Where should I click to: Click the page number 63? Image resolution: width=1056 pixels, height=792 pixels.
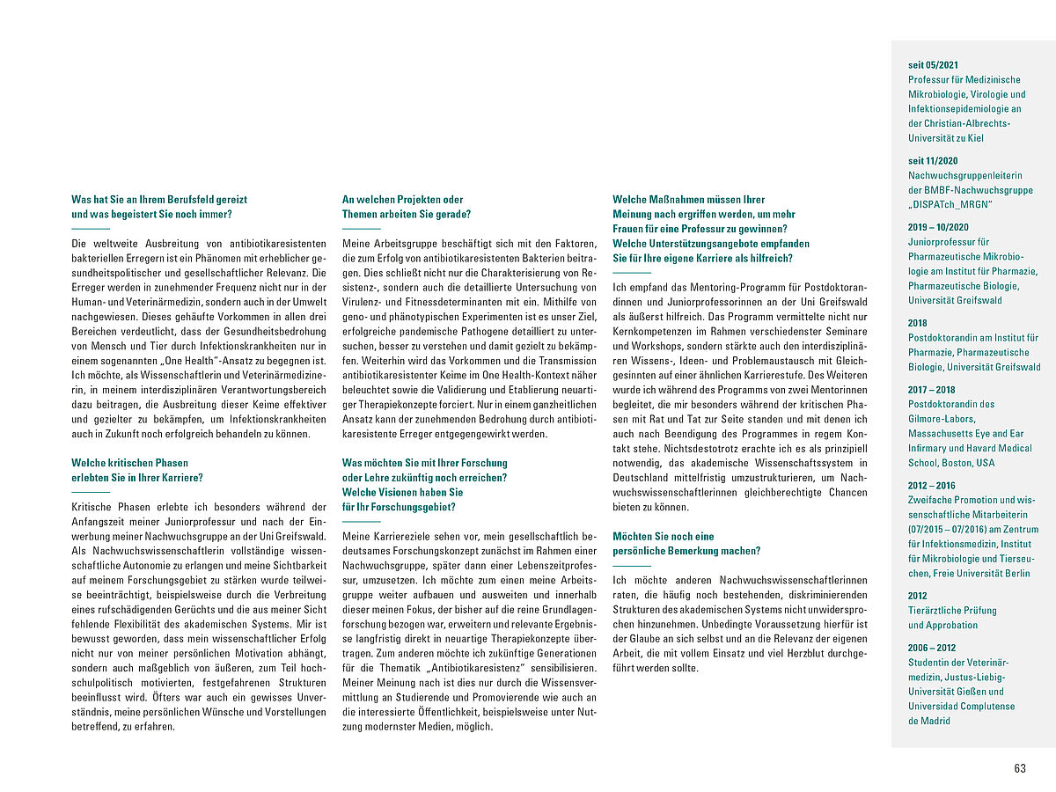[1020, 768]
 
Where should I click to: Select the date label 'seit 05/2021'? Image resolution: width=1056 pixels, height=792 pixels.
[933, 65]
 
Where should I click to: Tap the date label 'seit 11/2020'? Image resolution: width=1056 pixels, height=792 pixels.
[933, 161]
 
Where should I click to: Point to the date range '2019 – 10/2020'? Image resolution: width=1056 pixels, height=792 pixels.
[938, 227]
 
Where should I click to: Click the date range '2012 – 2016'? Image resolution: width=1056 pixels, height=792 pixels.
[931, 486]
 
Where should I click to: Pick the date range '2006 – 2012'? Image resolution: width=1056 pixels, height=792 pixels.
[931, 648]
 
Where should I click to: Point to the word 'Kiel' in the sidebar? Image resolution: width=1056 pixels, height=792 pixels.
[975, 138]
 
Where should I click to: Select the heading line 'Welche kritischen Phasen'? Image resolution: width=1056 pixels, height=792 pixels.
[129, 463]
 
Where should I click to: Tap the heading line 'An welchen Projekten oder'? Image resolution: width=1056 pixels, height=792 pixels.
[402, 200]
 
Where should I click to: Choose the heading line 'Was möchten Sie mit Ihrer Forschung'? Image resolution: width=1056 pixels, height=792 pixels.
[424, 463]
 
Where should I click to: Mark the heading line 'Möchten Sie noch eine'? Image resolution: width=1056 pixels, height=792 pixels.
[663, 536]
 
